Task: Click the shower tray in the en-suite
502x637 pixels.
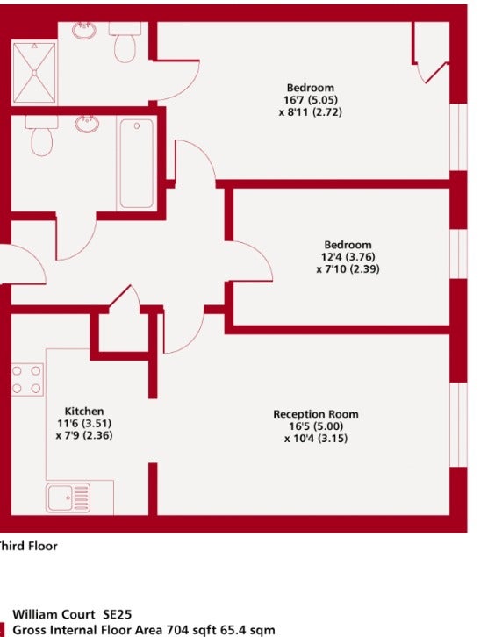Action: tap(34, 73)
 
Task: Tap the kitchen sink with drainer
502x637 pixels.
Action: tap(68, 497)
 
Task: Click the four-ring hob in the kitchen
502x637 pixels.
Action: tap(26, 379)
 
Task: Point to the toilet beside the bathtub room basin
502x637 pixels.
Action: tap(41, 136)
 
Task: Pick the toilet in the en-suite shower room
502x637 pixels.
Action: tap(125, 42)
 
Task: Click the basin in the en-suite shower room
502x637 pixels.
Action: tap(84, 31)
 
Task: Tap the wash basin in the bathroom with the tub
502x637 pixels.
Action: tap(87, 124)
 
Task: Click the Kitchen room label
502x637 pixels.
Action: tap(84, 411)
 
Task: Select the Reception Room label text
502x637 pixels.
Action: tap(316, 414)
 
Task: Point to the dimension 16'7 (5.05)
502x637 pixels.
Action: tap(311, 99)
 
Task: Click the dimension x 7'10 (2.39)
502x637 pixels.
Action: tap(348, 269)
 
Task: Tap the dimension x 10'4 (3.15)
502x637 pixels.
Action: tap(316, 439)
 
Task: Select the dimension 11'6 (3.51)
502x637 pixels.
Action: tap(84, 423)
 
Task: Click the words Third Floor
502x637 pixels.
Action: tap(27, 546)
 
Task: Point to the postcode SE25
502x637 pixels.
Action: tap(117, 614)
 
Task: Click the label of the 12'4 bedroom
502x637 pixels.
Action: tap(348, 245)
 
